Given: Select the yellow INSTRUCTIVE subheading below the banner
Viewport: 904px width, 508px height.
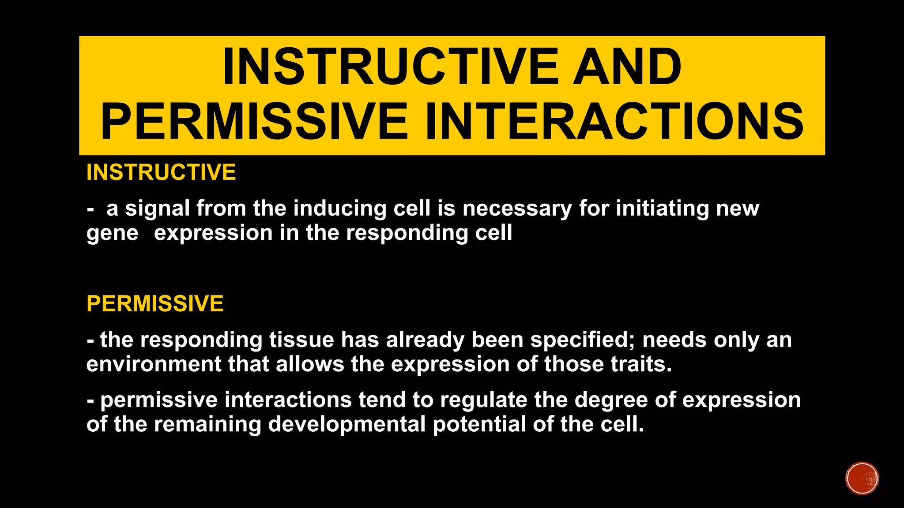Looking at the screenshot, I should pyautogui.click(x=161, y=172).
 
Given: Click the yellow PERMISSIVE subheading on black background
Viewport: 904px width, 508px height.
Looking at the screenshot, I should pyautogui.click(x=155, y=304).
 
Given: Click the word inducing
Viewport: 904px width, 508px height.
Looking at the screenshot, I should pyautogui.click(x=339, y=209).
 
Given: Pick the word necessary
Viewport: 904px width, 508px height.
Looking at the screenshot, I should pyautogui.click(x=517, y=209).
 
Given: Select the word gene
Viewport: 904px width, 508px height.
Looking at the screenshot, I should pyautogui.click(x=112, y=234).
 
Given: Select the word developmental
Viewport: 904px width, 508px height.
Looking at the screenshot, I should pyautogui.click(x=347, y=425).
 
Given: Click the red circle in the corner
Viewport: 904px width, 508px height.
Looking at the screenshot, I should pyautogui.click(x=862, y=478).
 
